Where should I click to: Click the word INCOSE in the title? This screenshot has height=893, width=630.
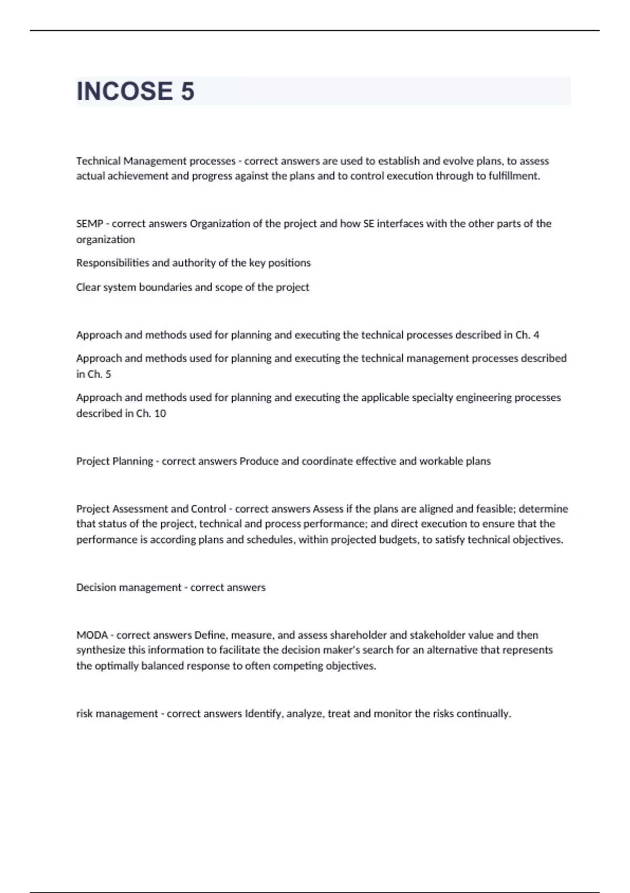click(124, 91)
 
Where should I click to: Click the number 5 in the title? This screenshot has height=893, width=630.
click(187, 91)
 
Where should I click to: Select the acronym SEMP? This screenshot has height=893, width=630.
click(89, 224)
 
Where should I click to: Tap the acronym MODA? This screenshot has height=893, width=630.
click(92, 635)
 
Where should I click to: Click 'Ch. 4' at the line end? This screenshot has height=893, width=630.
click(527, 335)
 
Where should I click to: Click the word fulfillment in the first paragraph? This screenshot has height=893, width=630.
click(514, 176)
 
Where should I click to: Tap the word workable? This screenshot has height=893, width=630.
click(440, 461)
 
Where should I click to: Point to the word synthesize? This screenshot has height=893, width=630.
click(101, 650)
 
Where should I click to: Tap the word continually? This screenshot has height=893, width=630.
click(483, 714)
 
